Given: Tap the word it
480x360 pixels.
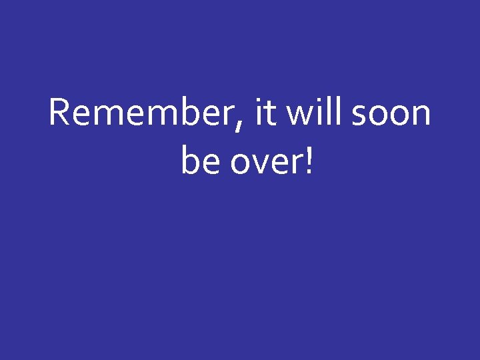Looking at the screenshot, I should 265,113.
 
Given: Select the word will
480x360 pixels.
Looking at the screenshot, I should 313,113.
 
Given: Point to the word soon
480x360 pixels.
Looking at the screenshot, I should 391,115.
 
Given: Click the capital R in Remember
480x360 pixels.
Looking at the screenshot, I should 59,113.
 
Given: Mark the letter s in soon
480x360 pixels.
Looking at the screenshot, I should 359,116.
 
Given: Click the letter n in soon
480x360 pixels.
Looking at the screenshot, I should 421,116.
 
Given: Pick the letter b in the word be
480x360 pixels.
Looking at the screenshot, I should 191,161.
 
